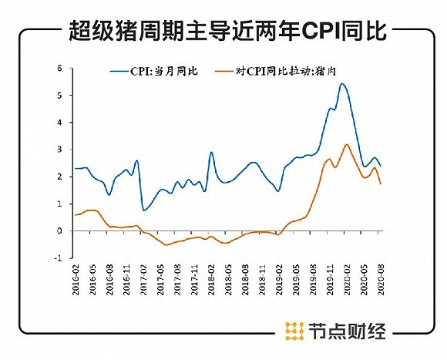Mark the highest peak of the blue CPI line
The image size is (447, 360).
pyautogui.click(x=341, y=84)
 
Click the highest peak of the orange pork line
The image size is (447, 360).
pyautogui.click(x=347, y=144)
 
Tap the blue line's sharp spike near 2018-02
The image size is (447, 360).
pyautogui.click(x=212, y=152)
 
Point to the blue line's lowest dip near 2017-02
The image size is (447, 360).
pyautogui.click(x=144, y=210)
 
